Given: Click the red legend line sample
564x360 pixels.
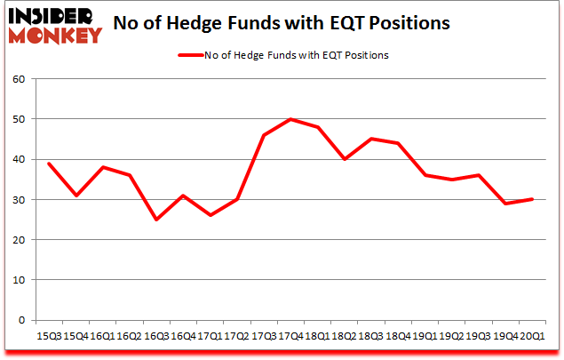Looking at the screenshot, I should click(197, 55).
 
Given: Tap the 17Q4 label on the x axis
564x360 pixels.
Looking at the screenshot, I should click(291, 337).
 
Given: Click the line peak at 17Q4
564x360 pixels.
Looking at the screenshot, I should click(291, 119).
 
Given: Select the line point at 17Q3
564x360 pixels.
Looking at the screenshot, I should click(264, 135).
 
